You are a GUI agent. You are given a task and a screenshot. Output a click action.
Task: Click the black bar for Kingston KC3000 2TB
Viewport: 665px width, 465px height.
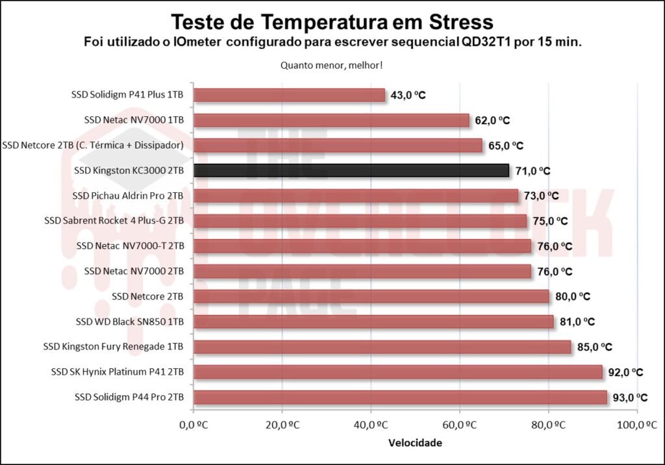point(351,170)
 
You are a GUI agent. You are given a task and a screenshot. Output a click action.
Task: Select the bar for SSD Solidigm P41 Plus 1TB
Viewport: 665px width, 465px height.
point(289,95)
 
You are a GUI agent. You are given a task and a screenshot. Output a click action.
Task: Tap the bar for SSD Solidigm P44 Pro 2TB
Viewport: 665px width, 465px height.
point(399,397)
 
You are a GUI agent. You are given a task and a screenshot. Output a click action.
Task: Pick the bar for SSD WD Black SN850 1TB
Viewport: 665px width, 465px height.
point(373,321)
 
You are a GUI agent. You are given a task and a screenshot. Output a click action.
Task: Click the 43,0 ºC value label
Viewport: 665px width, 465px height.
point(408,95)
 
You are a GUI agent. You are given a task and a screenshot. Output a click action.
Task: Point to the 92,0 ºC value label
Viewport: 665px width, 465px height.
point(626,372)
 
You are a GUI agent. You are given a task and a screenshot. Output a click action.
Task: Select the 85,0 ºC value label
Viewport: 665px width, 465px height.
point(595,347)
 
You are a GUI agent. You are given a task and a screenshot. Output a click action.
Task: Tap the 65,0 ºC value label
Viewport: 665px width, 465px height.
point(506,145)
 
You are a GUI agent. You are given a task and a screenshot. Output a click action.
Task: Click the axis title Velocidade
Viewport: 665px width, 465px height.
point(415,444)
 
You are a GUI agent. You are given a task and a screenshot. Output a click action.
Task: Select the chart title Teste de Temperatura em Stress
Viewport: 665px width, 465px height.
point(332,22)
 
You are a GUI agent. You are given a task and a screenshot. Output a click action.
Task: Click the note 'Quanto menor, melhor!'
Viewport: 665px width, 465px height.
point(332,65)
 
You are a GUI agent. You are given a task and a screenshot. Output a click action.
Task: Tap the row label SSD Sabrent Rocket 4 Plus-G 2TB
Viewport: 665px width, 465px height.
point(114,221)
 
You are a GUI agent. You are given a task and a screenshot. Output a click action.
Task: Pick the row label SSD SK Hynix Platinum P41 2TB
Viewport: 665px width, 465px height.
point(118,371)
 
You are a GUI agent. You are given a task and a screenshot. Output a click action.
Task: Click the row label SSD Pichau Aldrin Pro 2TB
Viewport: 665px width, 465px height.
point(129,195)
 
